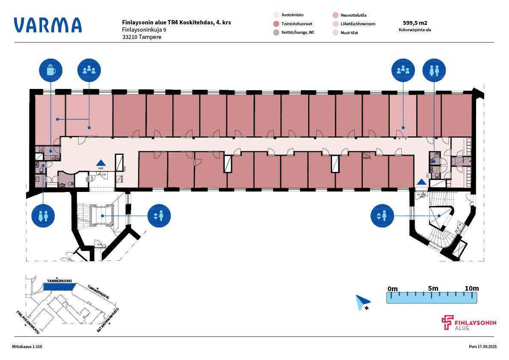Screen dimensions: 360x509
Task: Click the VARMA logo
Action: tap(47, 25)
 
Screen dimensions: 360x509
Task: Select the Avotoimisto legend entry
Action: tap(292, 15)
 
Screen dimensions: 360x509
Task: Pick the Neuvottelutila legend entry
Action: tap(353, 15)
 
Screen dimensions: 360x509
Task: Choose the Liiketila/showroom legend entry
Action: tap(358, 24)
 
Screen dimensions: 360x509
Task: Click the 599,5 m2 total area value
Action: tap(415, 23)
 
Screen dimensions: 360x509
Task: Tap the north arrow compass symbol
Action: tap(362, 302)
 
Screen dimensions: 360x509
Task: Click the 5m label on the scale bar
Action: tap(433, 289)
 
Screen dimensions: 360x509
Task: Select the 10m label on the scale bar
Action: tap(471, 289)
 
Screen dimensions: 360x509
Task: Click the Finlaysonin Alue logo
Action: tap(469, 323)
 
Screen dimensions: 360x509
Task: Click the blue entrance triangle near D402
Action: tap(101, 162)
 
